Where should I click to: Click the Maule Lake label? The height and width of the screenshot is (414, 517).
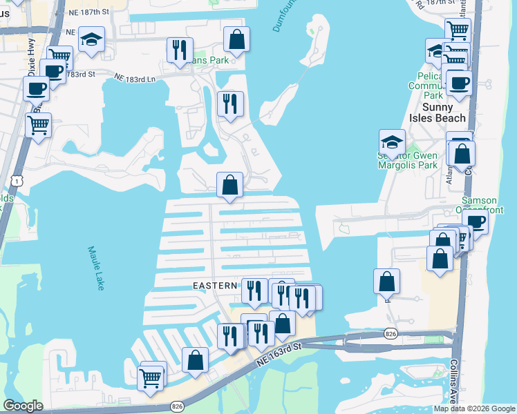(95, 268)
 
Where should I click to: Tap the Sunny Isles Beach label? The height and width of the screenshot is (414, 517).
(438, 112)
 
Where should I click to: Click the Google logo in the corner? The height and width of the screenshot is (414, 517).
(23, 406)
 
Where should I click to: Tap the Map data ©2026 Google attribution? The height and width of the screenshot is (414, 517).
(474, 408)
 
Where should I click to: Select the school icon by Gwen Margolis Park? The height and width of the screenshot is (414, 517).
(392, 142)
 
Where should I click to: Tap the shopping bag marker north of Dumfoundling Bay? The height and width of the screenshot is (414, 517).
(236, 39)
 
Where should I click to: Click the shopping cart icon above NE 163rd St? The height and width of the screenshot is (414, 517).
(151, 377)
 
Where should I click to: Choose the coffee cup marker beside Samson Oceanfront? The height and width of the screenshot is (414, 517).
(475, 221)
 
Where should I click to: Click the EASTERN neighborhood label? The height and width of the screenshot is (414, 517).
(216, 284)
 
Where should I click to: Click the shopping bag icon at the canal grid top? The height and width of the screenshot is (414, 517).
(229, 185)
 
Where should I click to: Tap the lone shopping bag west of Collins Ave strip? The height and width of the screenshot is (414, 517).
(386, 281)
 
